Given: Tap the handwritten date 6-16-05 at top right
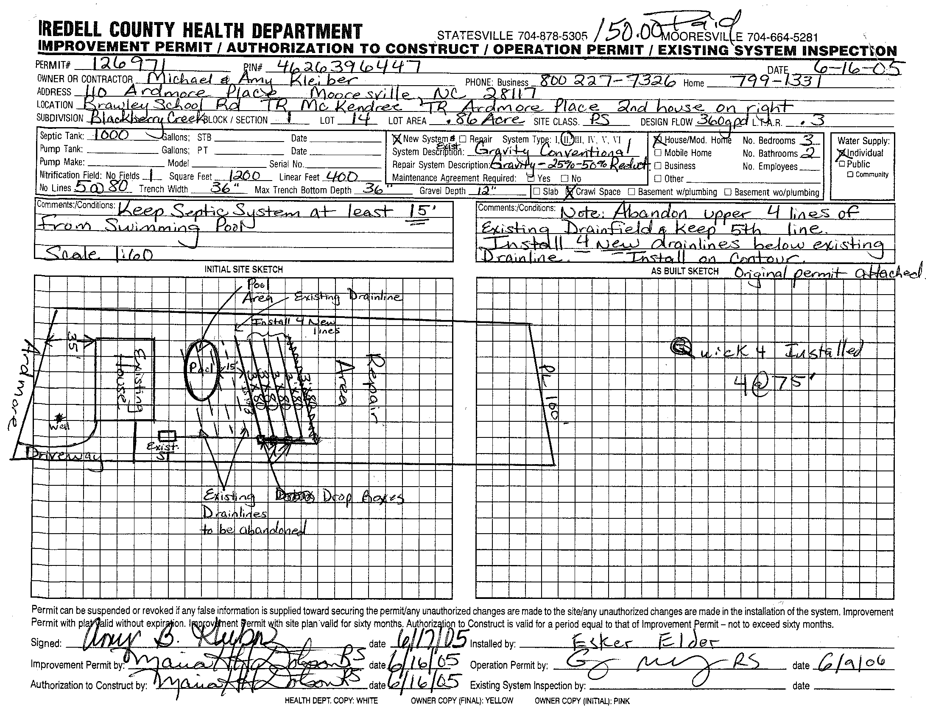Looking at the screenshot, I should (856, 67).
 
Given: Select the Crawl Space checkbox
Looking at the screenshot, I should (570, 192).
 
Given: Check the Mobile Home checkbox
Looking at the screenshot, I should (658, 153).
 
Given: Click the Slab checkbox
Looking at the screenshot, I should (537, 192).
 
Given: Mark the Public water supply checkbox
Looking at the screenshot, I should (842, 164).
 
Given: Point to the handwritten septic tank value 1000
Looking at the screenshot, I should (111, 135).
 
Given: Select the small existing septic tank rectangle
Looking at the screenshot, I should (167, 436).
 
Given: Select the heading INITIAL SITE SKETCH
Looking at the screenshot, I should (243, 269).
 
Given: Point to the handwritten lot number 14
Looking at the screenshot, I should (359, 119).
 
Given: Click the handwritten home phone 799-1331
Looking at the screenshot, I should (777, 80).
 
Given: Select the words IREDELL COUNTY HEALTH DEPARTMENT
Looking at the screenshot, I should (200, 31).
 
